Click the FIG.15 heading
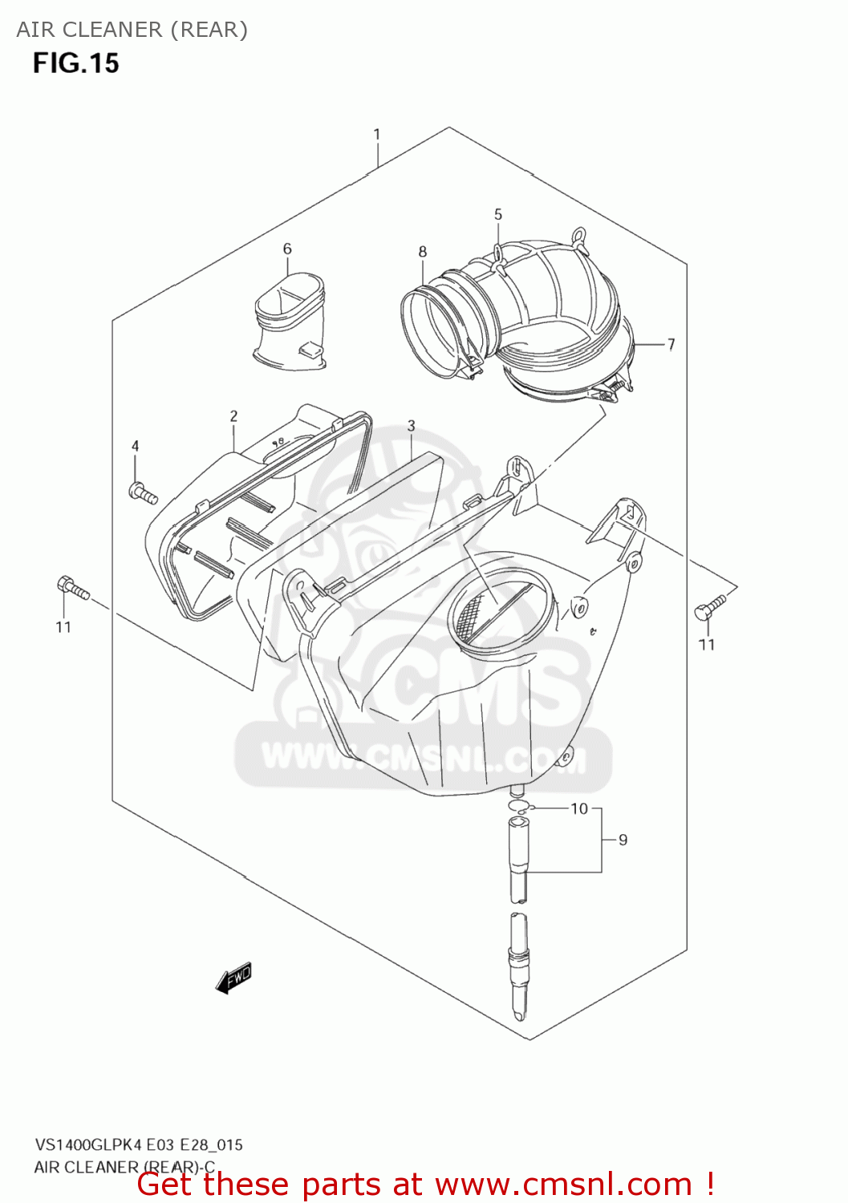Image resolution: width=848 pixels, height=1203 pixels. [x=75, y=63]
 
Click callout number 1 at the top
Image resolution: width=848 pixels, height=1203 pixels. [x=376, y=135]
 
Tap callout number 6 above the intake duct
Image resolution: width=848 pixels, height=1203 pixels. [x=287, y=249]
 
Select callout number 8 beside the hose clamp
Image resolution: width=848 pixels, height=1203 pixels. [x=423, y=252]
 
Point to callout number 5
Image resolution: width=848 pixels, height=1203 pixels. [x=498, y=215]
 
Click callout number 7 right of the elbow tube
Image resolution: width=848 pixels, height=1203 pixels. [x=671, y=344]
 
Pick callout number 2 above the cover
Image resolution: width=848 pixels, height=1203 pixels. [x=233, y=416]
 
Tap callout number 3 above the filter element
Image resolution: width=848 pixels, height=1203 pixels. [x=411, y=426]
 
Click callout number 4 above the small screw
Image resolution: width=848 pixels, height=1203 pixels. [x=136, y=447]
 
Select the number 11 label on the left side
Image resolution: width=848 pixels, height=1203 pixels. [x=64, y=627]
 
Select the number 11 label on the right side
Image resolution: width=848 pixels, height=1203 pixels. [x=706, y=645]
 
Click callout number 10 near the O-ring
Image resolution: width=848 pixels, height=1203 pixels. [x=579, y=808]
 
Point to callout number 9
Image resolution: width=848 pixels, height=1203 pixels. [x=623, y=840]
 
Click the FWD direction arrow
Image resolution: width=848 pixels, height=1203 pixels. [x=233, y=978]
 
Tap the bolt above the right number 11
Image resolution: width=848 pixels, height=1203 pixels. [x=710, y=607]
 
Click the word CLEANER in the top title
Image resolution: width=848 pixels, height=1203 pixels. [x=112, y=30]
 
